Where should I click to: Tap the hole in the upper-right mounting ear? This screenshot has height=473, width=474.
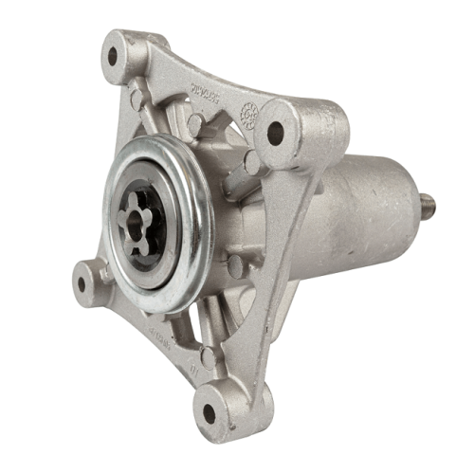coord(275,134)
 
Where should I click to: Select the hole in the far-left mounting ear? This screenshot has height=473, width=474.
coord(83,281)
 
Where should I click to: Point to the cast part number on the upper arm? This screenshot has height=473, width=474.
coord(205,94)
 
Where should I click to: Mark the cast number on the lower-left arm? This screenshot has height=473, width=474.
coord(161,341)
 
